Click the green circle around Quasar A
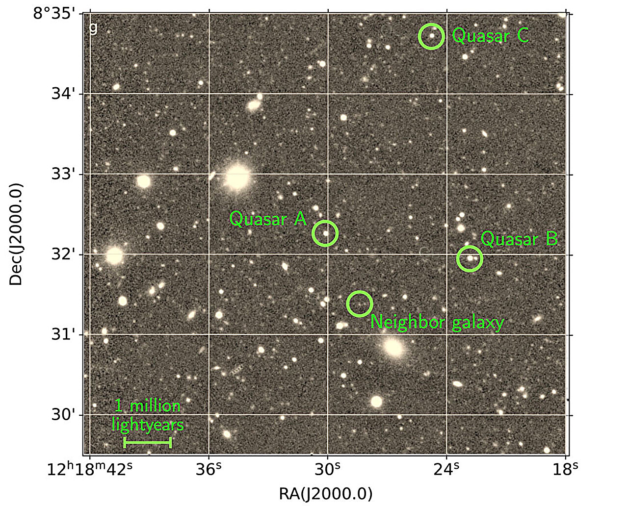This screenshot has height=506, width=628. (325, 233)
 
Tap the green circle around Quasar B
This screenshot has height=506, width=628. (470, 258)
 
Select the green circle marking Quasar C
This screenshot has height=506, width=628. (431, 36)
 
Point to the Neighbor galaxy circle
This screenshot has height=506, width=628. (359, 304)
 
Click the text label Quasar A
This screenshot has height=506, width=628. (268, 219)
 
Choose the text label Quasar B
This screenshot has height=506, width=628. (519, 239)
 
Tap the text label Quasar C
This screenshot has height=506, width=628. (491, 36)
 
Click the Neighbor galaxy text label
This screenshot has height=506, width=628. (437, 322)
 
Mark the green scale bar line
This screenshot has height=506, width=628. (147, 443)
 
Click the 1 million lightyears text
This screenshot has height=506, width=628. (148, 415)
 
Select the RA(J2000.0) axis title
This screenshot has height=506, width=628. (325, 494)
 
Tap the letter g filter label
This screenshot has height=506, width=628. (93, 28)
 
